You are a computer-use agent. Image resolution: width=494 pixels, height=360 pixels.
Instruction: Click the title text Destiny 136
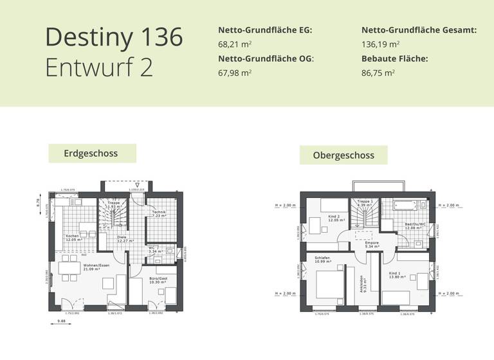(114, 37)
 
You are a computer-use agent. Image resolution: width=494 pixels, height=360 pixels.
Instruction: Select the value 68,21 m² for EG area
(235, 44)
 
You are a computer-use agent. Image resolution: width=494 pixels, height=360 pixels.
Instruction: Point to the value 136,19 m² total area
(380, 44)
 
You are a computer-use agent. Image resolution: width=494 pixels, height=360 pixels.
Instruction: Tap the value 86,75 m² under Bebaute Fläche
(378, 73)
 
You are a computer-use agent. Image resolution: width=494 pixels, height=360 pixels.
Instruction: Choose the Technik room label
(159, 214)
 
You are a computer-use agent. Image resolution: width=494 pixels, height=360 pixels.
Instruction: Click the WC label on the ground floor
(152, 247)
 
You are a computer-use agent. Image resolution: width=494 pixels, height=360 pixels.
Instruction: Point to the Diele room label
(122, 239)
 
